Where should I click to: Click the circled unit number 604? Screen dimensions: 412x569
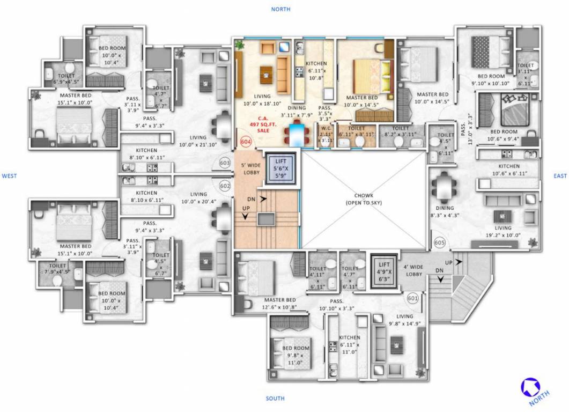click(246, 142)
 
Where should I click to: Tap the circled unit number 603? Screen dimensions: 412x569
click(225, 163)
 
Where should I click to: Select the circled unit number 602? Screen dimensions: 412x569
click(225, 186)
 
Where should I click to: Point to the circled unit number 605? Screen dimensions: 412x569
click(440, 243)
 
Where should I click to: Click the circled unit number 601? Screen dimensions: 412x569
click(412, 298)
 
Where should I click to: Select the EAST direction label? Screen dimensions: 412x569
click(560, 175)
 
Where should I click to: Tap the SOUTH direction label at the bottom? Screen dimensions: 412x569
click(275, 399)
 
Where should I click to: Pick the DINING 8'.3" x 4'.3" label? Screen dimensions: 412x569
click(445, 211)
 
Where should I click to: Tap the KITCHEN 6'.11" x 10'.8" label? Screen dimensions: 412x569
click(316, 70)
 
